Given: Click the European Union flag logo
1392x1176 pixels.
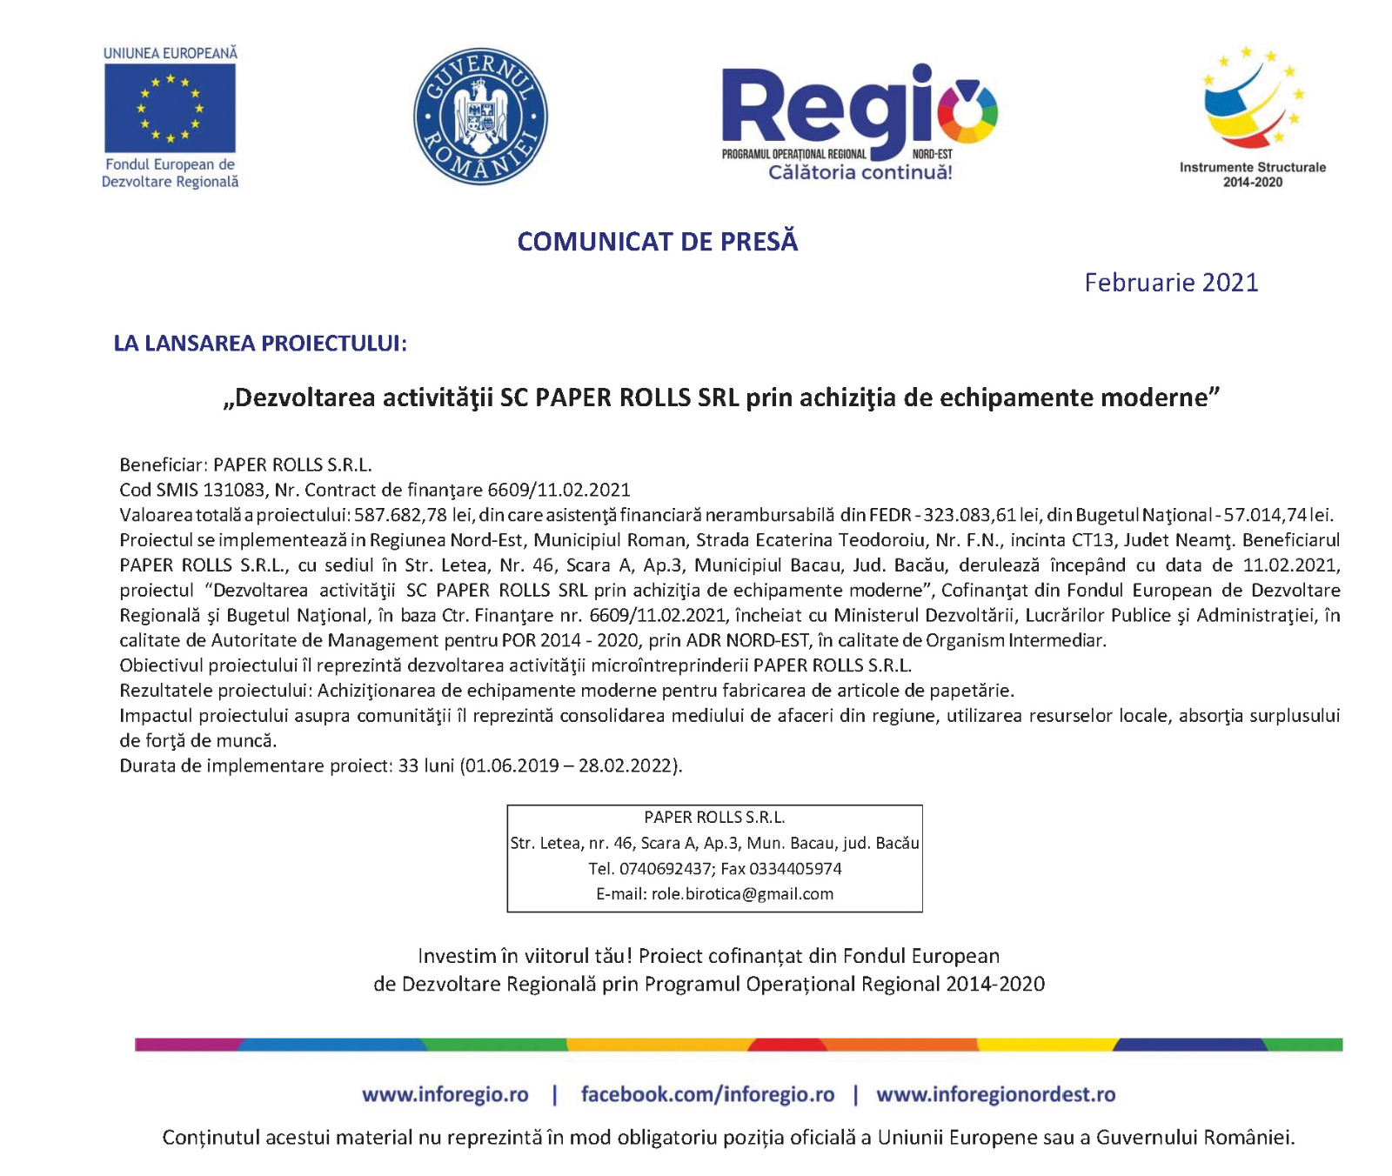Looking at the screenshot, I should (x=170, y=108).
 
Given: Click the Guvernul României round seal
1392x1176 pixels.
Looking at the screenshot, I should (x=480, y=116).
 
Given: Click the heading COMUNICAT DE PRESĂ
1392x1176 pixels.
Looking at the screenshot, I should (x=657, y=242).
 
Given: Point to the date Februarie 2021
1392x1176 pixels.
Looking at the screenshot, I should (x=1171, y=283).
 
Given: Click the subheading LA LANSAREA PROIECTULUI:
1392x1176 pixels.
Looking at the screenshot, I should (x=260, y=344).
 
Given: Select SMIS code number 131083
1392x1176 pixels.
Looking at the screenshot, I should (x=234, y=490).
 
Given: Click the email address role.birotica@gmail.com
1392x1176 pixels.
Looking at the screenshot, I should (x=742, y=894).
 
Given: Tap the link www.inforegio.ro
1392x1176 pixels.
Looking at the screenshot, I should (x=445, y=1094).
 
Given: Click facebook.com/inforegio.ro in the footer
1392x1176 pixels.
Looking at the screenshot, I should (x=707, y=1094).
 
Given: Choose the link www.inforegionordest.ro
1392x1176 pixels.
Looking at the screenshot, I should (x=995, y=1094).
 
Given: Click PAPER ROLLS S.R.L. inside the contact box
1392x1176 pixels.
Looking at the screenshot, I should (x=714, y=818).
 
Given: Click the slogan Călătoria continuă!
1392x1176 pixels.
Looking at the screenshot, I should (x=860, y=172).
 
